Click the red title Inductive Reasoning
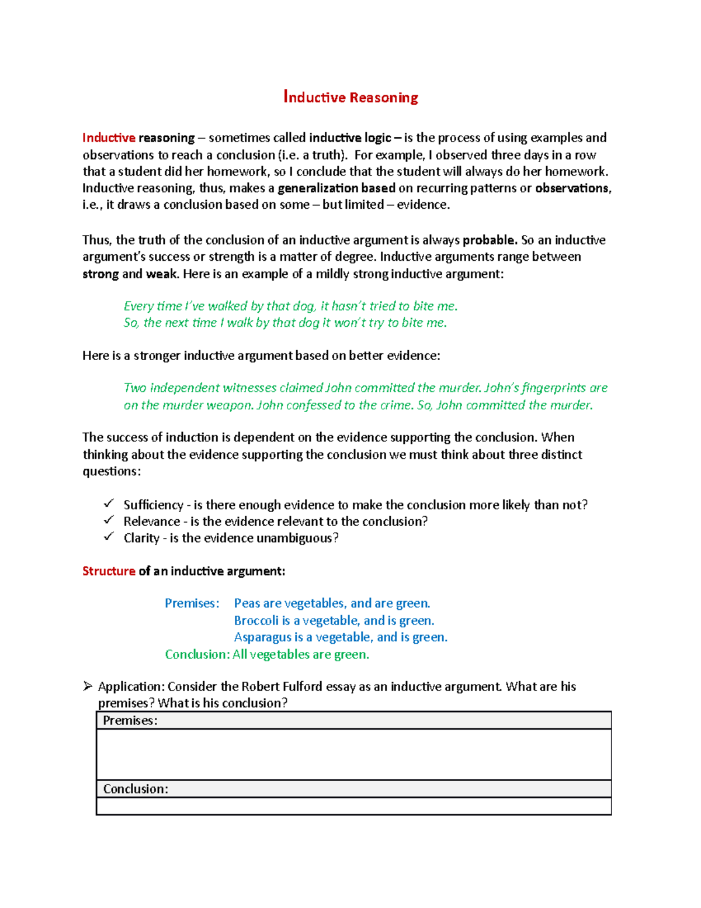[x=350, y=97]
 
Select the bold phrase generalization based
[x=336, y=188]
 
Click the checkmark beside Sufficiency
[x=109, y=503]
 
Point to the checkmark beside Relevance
[x=109, y=520]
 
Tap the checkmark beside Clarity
[x=109, y=537]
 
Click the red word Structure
[x=109, y=571]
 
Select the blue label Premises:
[x=192, y=603]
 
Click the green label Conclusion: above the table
[x=197, y=654]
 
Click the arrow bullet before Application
[x=88, y=686]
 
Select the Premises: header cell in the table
[x=353, y=720]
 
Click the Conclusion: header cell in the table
[x=353, y=789]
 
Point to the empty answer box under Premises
[x=353, y=754]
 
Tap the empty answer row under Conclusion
[x=353, y=806]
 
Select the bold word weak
[x=162, y=274]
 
